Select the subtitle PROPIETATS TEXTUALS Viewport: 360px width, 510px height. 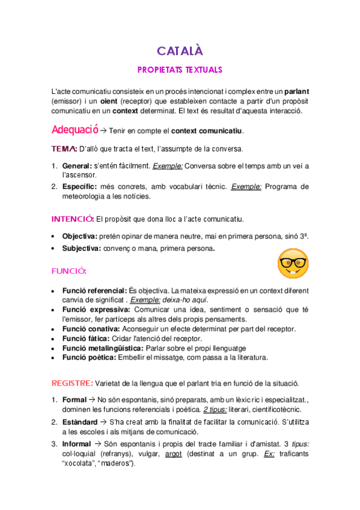click(180, 69)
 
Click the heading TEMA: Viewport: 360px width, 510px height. click(64, 149)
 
